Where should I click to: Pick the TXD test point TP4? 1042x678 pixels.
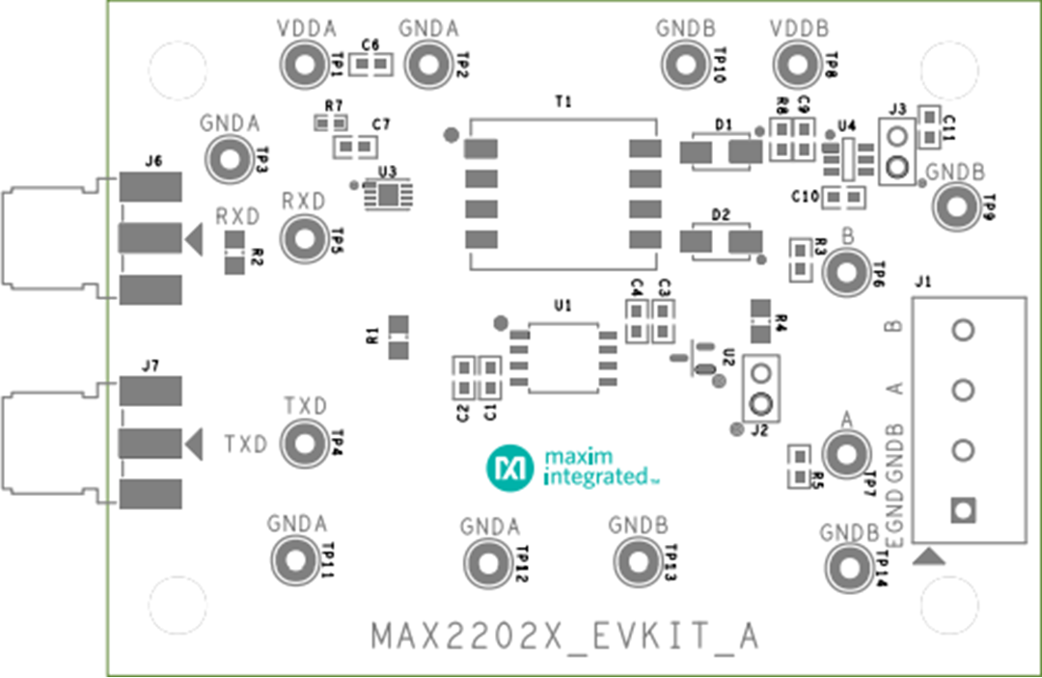[303, 444]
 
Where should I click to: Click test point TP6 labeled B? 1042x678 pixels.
[846, 273]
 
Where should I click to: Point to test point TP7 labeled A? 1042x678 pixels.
[846, 452]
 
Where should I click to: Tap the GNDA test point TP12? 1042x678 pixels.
[487, 561]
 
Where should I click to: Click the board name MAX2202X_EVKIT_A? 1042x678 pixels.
[565, 637]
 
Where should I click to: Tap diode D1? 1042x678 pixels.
[720, 151]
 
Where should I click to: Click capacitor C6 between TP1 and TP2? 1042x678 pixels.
[371, 66]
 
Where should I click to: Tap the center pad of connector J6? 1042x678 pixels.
[149, 237]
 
